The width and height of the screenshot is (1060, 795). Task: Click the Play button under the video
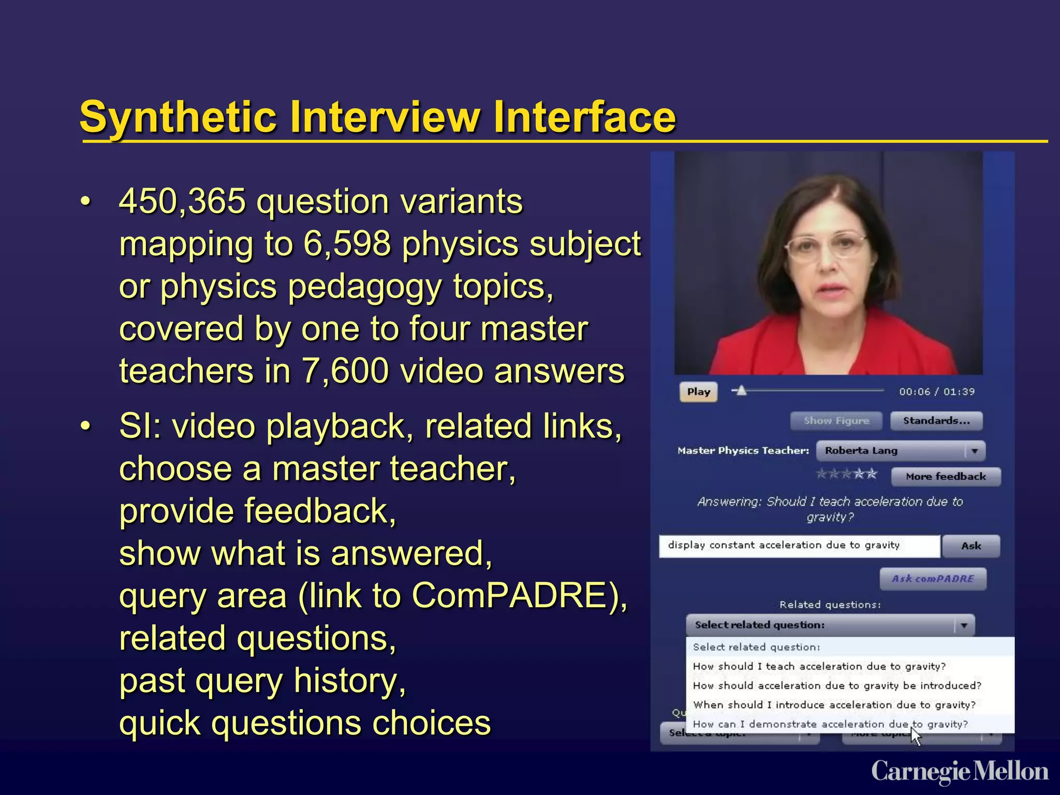click(x=698, y=392)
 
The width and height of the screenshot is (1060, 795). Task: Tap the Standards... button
click(x=936, y=421)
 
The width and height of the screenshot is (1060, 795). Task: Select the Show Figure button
click(x=836, y=421)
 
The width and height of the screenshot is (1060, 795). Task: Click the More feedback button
click(x=946, y=477)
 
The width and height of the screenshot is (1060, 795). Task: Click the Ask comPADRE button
click(x=933, y=579)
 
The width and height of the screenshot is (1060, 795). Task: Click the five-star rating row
click(x=846, y=474)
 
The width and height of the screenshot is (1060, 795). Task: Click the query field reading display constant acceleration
click(x=799, y=546)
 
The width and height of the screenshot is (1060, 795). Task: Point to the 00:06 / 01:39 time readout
click(x=936, y=392)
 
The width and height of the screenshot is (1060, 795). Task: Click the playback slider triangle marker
click(x=741, y=390)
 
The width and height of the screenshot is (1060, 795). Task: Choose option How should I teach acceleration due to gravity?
click(x=819, y=667)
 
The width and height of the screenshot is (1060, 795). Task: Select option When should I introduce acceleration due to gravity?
click(x=834, y=705)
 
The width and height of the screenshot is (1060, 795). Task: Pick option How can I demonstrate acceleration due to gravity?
click(x=830, y=724)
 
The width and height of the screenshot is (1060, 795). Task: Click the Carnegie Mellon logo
click(x=960, y=772)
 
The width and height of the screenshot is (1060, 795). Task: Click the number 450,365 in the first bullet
click(x=182, y=201)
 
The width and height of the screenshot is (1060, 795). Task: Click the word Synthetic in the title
click(x=178, y=117)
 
